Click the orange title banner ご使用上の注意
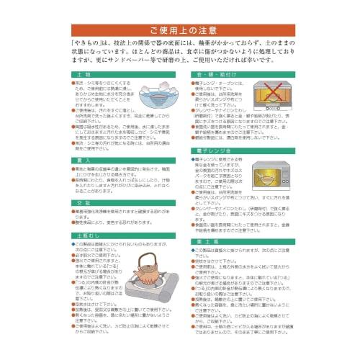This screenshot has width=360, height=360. tap(181, 30)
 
